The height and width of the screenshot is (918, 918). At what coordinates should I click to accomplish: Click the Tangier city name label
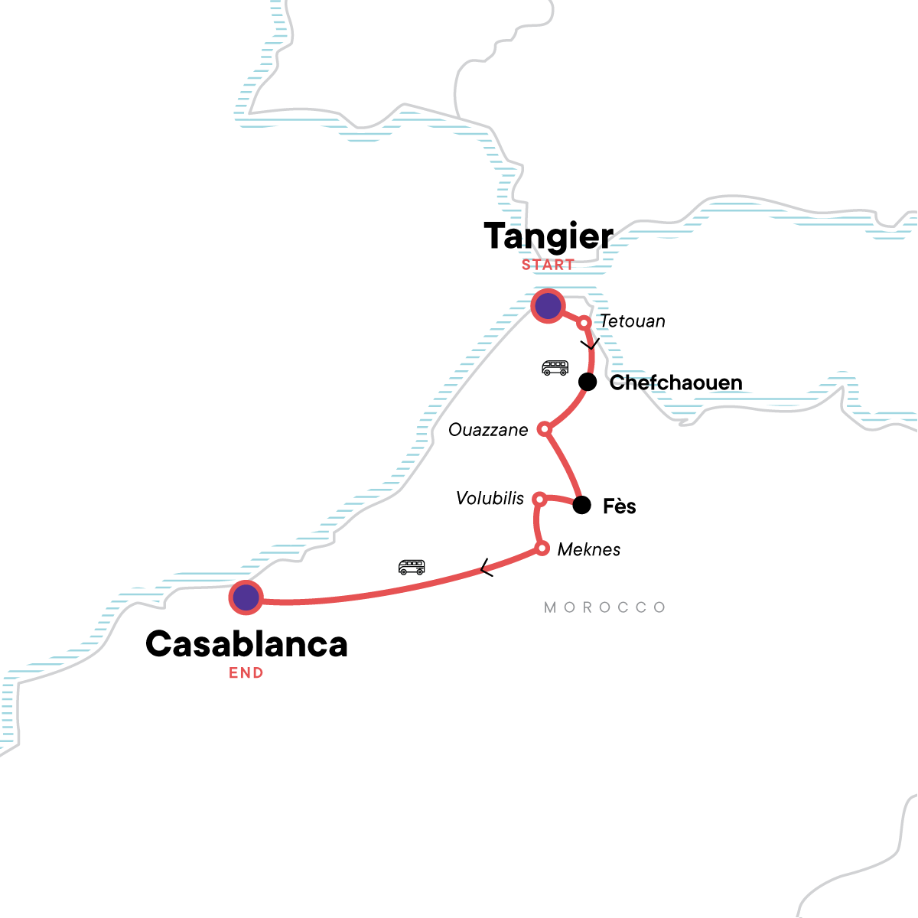click(x=549, y=236)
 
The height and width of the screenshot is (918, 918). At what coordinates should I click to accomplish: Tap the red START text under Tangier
click(x=548, y=265)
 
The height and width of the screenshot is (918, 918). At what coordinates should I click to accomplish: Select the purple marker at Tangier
click(x=548, y=307)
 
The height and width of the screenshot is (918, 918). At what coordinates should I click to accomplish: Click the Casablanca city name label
click(x=246, y=644)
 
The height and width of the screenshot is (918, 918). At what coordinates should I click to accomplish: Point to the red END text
click(x=246, y=673)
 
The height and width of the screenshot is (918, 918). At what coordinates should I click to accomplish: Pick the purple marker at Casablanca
click(x=246, y=597)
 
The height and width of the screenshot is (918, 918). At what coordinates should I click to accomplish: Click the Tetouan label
click(x=633, y=321)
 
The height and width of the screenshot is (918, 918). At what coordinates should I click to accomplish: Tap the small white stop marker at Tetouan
click(x=584, y=323)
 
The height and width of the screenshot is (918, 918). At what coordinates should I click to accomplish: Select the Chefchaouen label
click(x=675, y=382)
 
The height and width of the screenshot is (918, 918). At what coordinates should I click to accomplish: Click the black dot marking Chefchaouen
click(x=587, y=382)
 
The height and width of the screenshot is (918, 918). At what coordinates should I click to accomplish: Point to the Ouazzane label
click(x=488, y=430)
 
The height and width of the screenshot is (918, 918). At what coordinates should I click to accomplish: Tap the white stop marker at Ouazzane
click(x=545, y=429)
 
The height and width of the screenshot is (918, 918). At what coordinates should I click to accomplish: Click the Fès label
click(x=620, y=506)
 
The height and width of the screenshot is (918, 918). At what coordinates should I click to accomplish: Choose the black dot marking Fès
click(x=582, y=505)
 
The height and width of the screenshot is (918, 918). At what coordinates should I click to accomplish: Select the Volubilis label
click(x=490, y=499)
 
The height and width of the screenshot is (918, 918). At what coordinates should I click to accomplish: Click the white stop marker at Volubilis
click(x=539, y=500)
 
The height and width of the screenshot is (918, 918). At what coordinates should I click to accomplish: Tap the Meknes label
click(x=589, y=549)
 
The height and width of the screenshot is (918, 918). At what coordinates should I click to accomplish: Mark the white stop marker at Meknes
click(x=542, y=548)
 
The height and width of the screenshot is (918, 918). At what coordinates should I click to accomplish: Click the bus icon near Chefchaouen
click(x=555, y=368)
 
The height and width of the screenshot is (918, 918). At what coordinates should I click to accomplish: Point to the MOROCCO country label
click(x=605, y=607)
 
